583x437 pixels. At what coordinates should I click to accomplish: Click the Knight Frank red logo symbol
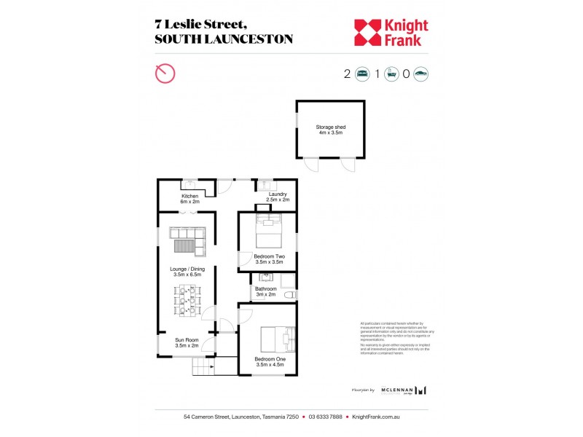(x=367, y=32)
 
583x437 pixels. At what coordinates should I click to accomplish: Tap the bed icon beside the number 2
(x=362, y=74)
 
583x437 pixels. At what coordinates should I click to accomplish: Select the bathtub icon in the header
(x=391, y=74)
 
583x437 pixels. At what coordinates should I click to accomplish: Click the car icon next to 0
(x=420, y=74)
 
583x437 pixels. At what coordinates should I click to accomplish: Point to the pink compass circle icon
(x=165, y=74)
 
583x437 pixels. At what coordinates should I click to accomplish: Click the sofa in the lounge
(x=189, y=240)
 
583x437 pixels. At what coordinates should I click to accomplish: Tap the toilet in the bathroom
(x=289, y=295)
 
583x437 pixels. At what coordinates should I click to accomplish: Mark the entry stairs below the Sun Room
(x=206, y=366)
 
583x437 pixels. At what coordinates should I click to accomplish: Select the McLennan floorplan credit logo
(x=402, y=390)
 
